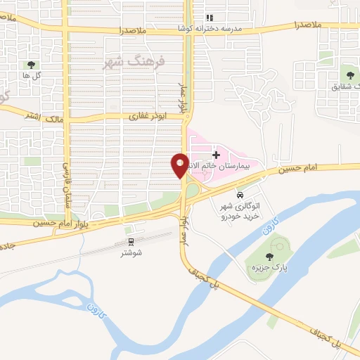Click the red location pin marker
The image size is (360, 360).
pyautogui.click(x=180, y=165)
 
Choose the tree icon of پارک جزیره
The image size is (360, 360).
pyautogui.click(x=271, y=257)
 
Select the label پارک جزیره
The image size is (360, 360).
pyautogui.click(x=272, y=269)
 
